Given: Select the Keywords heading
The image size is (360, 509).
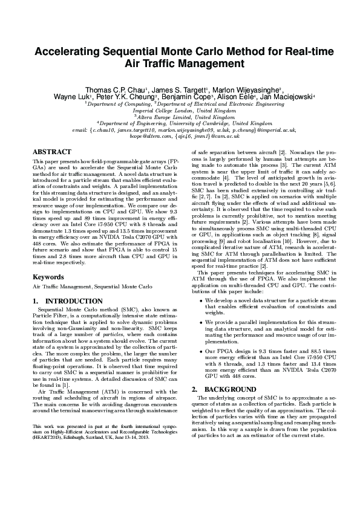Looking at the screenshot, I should tap(48, 277).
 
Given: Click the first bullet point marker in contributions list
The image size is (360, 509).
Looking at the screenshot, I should tap(200, 300).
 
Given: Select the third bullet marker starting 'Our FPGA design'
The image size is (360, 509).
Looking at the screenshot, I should tap(200, 351).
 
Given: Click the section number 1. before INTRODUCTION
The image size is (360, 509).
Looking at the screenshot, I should tap(35, 301).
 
